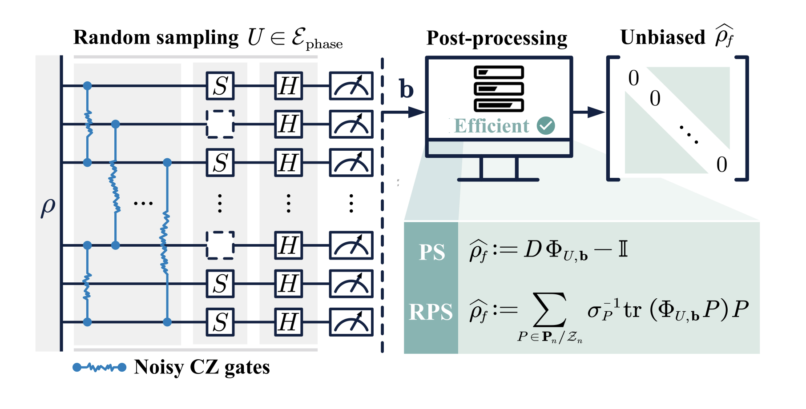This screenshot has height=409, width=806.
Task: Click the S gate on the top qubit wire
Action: pyautogui.click(x=220, y=86)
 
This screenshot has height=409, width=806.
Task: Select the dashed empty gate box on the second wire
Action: pyautogui.click(x=220, y=124)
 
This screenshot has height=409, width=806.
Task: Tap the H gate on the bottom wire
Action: pyautogui.click(x=288, y=321)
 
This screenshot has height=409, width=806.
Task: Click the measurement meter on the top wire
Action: pyautogui.click(x=351, y=86)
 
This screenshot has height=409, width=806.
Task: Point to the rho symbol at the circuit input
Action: pyautogui.click(x=48, y=207)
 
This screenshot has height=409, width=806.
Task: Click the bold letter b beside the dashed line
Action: pyautogui.click(x=406, y=89)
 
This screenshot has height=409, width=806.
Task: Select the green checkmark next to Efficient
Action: pyautogui.click(x=546, y=126)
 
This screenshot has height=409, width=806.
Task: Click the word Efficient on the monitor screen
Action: pyautogui.click(x=492, y=126)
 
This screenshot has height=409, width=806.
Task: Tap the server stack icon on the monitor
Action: pyautogui.click(x=499, y=89)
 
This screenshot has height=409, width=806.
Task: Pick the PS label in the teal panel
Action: pyautogui.click(x=431, y=253)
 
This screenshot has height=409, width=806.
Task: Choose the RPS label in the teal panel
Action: pyautogui.click(x=431, y=312)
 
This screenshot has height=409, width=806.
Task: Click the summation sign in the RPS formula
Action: pyautogui.click(x=550, y=310)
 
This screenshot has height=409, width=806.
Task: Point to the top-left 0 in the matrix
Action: pyautogui.click(x=633, y=79)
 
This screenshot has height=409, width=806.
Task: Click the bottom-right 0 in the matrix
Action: pyautogui.click(x=721, y=165)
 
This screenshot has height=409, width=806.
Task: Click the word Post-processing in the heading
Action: pyautogui.click(x=496, y=38)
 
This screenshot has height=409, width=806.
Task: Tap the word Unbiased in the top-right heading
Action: pyautogui.click(x=662, y=37)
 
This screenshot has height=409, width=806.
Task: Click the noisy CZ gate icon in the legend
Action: pyautogui.click(x=99, y=367)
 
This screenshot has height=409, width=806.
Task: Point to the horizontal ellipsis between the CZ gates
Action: pyautogui.click(x=143, y=204)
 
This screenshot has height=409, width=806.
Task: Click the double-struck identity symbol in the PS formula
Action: pyautogui.click(x=623, y=249)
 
